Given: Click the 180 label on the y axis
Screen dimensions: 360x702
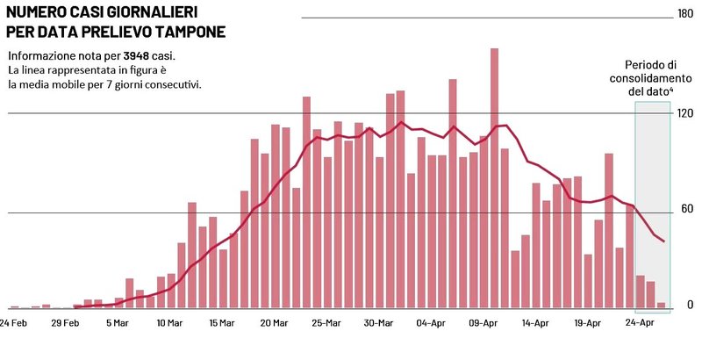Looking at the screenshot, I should [x=684, y=13].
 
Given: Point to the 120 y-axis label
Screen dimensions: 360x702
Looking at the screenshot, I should [x=684, y=113].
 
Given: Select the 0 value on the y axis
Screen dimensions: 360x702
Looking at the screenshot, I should [x=690, y=305].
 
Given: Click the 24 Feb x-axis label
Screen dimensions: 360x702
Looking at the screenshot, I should [x=13, y=323].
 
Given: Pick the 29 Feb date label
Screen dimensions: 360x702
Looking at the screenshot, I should [x=66, y=323].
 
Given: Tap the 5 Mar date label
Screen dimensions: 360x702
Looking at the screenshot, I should [x=118, y=323].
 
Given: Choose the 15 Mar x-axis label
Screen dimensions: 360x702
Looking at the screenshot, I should [x=222, y=323].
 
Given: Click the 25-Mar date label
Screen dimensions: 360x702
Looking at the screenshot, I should [x=326, y=323].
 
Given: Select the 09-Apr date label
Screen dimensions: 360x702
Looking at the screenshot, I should [x=484, y=323].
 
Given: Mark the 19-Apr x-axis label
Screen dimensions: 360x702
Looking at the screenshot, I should [x=587, y=323].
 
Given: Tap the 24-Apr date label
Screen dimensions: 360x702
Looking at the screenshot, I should [x=640, y=323].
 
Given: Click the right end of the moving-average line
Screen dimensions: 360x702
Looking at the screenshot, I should [x=664, y=241].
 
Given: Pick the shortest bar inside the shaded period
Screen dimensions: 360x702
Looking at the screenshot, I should [x=661, y=306].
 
